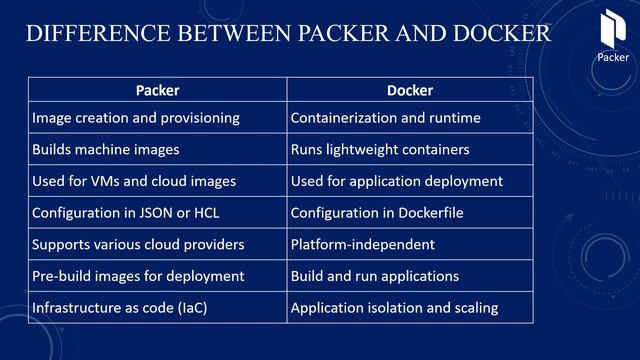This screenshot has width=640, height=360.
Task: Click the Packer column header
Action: [x=157, y=90]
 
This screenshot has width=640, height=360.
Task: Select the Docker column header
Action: [x=410, y=90]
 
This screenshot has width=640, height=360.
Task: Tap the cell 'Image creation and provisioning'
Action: [x=136, y=118]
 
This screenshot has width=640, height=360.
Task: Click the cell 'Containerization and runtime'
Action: [x=385, y=118]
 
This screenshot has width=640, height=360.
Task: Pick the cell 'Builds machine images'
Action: [x=106, y=150]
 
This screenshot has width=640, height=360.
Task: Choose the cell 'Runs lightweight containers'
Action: [x=380, y=150]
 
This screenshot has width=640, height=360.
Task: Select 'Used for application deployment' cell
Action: [x=396, y=181]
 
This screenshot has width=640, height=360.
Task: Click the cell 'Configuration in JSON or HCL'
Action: [x=131, y=213]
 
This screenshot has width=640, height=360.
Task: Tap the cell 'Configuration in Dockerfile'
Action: [x=377, y=213]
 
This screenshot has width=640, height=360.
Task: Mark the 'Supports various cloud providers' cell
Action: [x=138, y=244]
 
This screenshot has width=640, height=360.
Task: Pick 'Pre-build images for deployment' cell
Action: [x=138, y=275]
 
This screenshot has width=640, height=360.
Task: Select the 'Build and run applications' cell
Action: [x=374, y=275]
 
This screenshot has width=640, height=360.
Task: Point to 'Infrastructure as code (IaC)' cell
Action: [x=120, y=307]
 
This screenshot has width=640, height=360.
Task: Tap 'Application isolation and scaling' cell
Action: [x=394, y=307]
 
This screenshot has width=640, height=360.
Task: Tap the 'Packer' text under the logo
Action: [x=613, y=57]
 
